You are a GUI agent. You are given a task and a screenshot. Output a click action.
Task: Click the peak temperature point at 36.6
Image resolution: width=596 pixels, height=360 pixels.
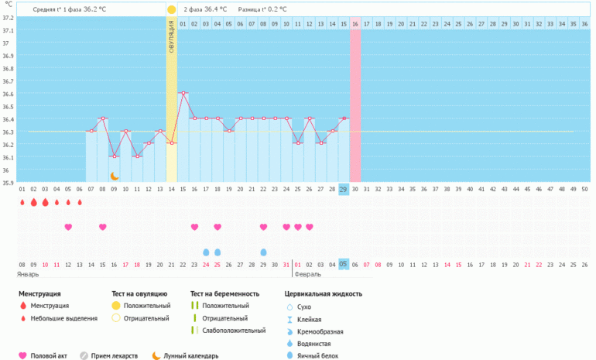pyautogui.click(x=183, y=92)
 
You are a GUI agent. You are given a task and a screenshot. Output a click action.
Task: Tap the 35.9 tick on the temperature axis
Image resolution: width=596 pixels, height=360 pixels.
pyautogui.click(x=8, y=183)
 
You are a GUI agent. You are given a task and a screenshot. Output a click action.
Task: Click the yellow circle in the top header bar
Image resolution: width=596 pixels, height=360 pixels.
pyautogui.click(x=171, y=9)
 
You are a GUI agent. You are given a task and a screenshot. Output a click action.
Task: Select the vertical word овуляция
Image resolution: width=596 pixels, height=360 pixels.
pyautogui.click(x=171, y=36)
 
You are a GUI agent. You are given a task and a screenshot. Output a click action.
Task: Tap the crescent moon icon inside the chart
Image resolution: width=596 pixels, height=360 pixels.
pyautogui.click(x=115, y=176)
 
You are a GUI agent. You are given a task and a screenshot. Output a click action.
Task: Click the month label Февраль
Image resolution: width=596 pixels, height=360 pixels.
pyautogui.click(x=308, y=274)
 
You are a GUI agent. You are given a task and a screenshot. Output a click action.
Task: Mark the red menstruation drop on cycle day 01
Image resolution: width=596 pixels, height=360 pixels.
pyautogui.click(x=22, y=202)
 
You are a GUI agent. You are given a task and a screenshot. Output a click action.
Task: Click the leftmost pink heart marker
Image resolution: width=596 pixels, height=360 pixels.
pyautogui.click(x=68, y=227)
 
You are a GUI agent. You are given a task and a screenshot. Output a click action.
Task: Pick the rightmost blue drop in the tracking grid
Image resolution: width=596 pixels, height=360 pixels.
pyautogui.click(x=263, y=252)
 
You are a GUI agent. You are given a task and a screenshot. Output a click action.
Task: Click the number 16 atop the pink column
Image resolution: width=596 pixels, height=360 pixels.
pyautogui.click(x=355, y=24)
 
